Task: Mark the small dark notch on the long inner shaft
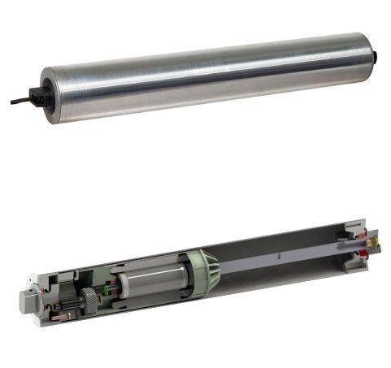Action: click(278, 255)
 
